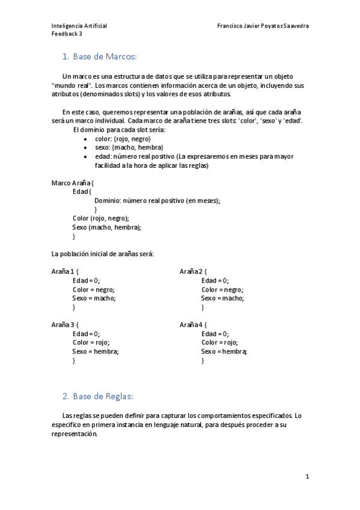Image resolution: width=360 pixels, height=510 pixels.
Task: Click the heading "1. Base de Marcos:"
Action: coord(100,57)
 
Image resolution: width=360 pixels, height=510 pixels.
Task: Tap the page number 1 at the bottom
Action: coord(307,476)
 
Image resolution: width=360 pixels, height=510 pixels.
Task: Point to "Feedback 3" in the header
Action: coord(67,34)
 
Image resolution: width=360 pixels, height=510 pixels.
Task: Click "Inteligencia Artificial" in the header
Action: coord(79,26)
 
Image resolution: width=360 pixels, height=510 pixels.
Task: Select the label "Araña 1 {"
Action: coord(65,271)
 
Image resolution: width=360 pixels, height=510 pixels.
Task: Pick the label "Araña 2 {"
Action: coord(193,271)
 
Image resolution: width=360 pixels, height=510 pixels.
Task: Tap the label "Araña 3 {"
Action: coord(65,325)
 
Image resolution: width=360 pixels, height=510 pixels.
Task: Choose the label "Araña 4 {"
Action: coord(193,325)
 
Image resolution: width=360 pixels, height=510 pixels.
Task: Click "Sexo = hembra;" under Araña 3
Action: coord(96,351)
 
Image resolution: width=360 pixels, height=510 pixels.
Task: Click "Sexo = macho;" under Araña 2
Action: coord(222,298)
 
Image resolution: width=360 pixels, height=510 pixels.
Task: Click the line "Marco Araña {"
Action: coord(73,183)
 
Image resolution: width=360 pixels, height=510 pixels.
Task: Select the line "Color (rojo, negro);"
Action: coord(100,218)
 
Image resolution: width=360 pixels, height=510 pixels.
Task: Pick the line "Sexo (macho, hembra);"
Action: coord(106,227)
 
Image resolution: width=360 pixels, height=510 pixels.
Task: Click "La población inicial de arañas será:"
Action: coord(102,254)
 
